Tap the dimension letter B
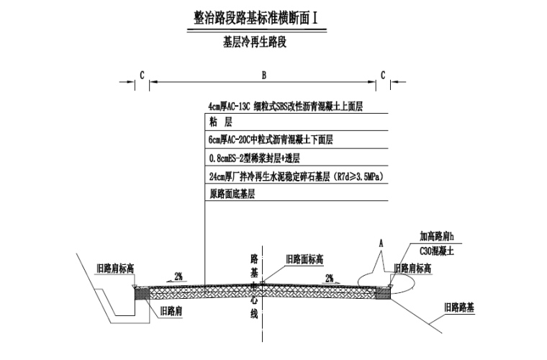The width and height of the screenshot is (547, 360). point(264,75)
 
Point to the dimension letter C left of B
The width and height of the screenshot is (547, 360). point(142,75)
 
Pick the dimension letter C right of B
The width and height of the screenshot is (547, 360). point(383,75)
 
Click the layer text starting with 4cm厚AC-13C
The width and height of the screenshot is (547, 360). point(285,107)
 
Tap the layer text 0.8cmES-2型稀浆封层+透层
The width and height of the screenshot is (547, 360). point(254,158)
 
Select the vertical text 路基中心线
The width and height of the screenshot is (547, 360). point(253,284)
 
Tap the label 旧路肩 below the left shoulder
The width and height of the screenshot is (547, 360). point(171,312)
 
